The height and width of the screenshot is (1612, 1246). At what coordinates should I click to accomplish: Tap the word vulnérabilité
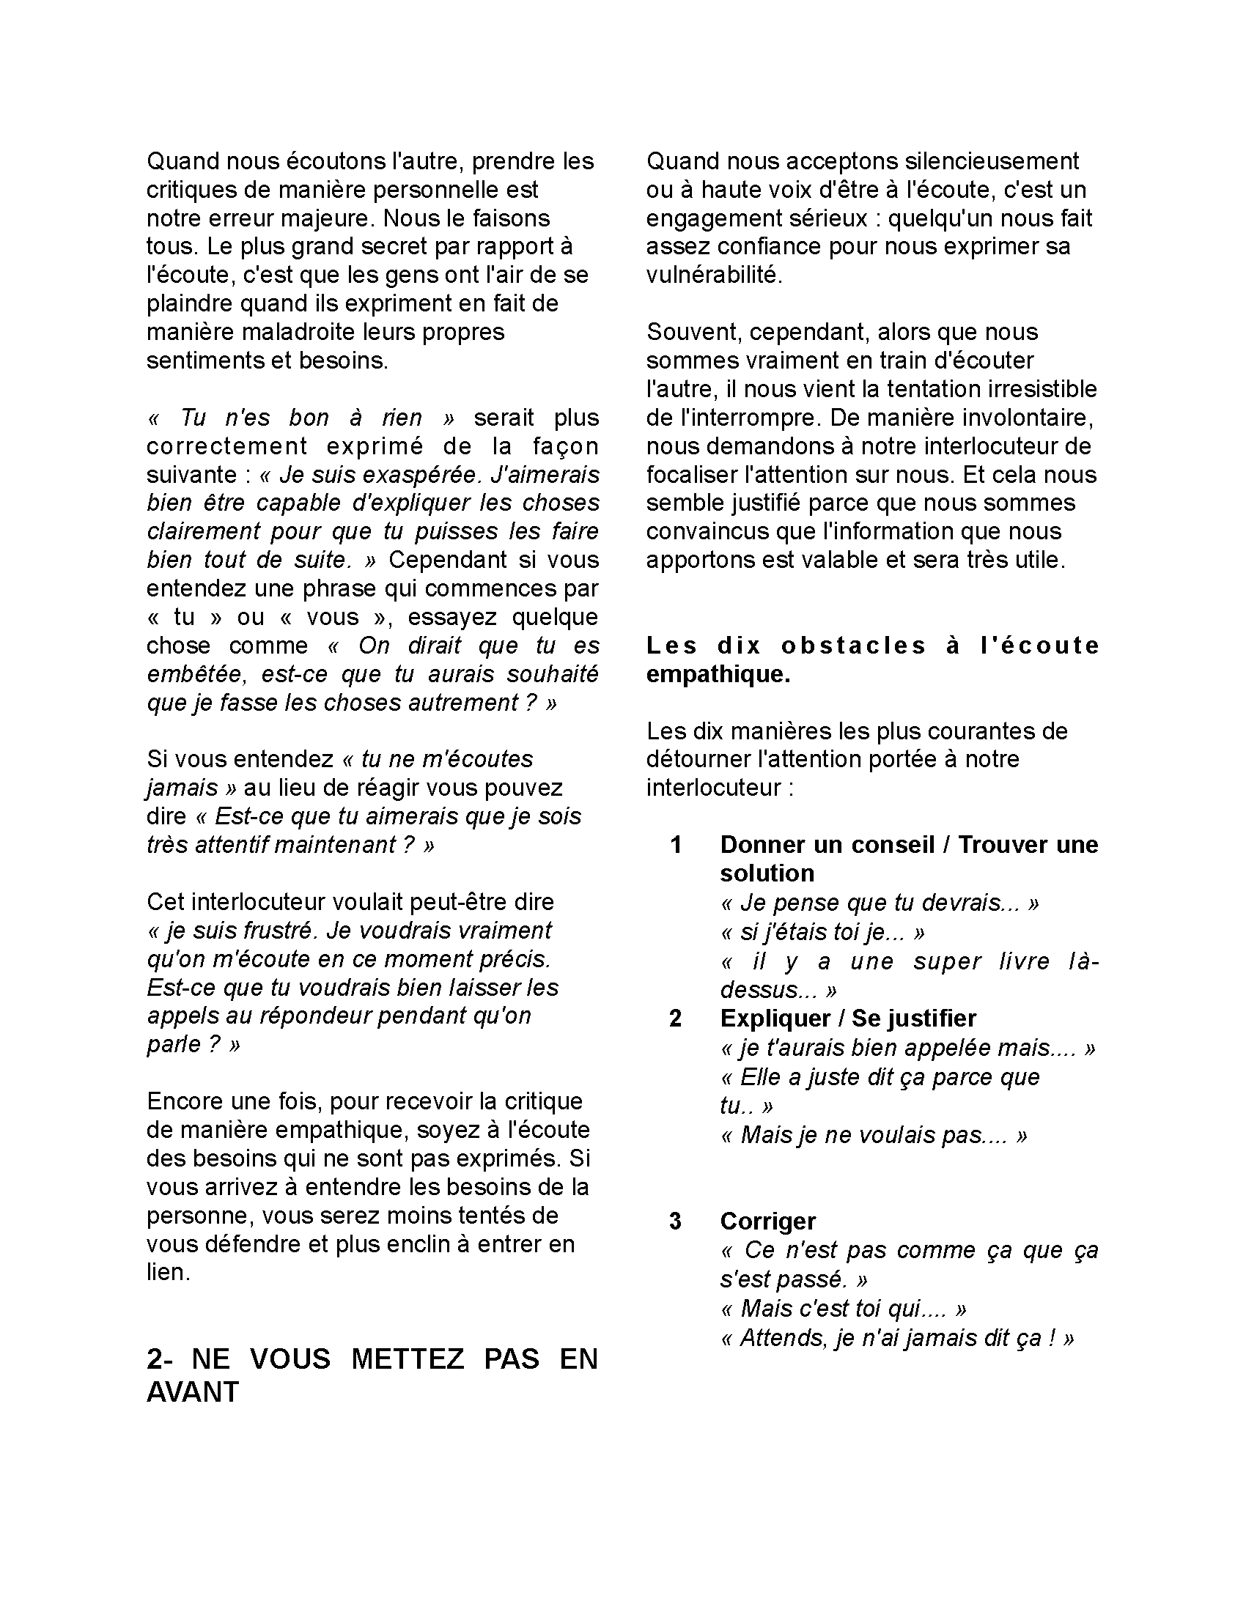pos(713,276)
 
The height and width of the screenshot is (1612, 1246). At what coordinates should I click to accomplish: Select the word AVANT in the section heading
pos(193,1392)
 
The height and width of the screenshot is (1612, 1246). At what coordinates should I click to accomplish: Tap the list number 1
pos(674,845)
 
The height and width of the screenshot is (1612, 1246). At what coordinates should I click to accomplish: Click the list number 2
pos(674,1018)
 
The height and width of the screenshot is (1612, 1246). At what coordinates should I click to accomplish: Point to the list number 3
pos(674,1221)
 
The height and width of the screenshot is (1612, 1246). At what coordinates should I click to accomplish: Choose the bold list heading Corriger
pos(767,1221)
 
